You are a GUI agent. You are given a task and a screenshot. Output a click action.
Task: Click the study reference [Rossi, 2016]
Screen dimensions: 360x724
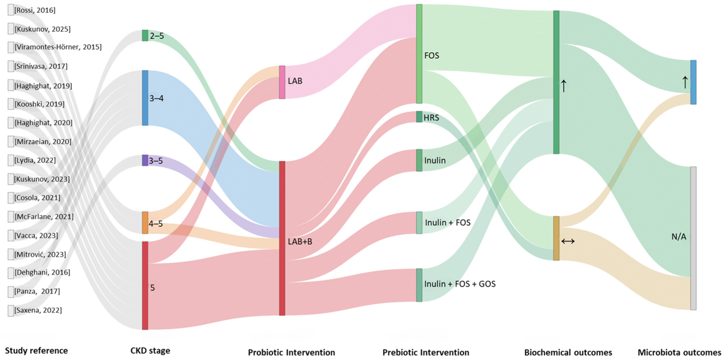click(35, 10)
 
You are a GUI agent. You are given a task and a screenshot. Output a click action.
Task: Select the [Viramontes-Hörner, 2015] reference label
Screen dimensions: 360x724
click(58, 47)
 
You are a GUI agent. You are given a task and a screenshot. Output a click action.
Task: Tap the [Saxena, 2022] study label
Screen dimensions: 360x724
click(38, 310)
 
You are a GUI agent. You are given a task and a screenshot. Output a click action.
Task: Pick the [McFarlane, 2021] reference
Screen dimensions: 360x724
click(44, 217)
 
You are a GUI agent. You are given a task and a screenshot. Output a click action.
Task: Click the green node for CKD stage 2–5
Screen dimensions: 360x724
click(145, 36)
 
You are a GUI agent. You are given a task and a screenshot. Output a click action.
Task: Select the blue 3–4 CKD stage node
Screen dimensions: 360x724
click(145, 98)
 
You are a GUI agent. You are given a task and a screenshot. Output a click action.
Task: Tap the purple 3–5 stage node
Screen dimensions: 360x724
click(145, 160)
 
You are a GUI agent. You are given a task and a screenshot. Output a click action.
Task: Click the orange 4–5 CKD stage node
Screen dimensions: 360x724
click(145, 223)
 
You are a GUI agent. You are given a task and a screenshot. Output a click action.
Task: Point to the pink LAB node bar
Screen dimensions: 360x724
click(282, 82)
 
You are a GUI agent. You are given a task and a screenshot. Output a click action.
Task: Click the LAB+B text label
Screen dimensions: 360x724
click(300, 242)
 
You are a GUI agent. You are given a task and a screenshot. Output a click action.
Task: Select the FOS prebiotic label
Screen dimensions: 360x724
click(432, 56)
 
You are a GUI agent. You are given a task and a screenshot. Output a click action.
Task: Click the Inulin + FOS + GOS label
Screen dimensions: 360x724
click(460, 284)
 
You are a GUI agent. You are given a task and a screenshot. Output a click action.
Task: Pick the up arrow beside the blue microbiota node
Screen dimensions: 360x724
click(685, 82)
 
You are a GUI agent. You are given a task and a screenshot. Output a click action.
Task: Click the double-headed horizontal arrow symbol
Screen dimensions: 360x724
click(568, 241)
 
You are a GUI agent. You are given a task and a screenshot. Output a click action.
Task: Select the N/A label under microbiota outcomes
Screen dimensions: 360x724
click(679, 237)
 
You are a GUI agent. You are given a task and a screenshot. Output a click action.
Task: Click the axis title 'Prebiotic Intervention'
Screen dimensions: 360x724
click(426, 352)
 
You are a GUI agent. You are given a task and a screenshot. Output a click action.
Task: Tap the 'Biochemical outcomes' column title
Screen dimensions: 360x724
click(568, 352)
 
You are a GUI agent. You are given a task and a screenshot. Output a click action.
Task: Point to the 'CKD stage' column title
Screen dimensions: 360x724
click(150, 351)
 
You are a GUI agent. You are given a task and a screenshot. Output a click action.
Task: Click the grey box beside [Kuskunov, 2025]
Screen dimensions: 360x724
click(11, 29)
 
